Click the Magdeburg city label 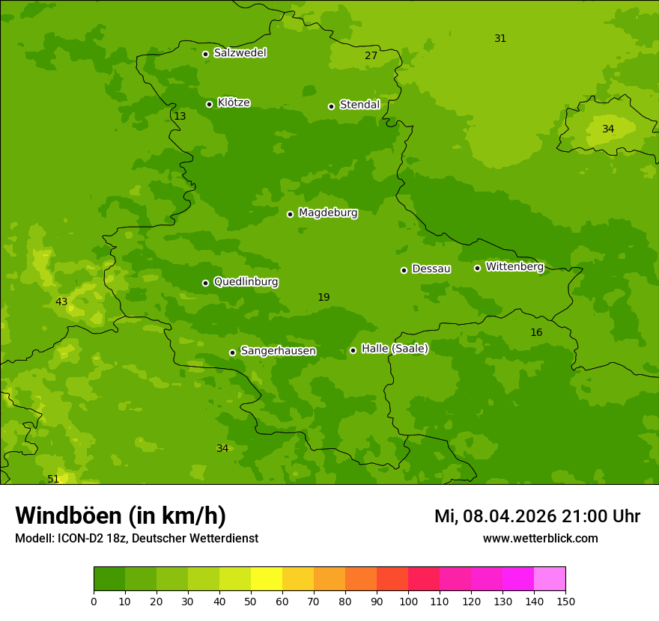(328, 213)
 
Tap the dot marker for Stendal (331, 106)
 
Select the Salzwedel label (240, 53)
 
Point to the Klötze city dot (209, 104)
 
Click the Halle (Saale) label (395, 349)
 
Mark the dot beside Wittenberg (477, 268)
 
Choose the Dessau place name (431, 269)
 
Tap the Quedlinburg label (246, 282)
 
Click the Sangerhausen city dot (232, 352)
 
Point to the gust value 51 (53, 479)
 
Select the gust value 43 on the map (61, 302)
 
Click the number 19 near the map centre (324, 298)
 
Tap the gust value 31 (500, 39)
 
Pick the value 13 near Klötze (180, 117)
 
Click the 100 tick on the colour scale (408, 602)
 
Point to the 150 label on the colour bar (565, 602)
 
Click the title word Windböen (68, 516)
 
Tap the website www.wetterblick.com (540, 539)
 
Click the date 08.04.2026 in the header (509, 516)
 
